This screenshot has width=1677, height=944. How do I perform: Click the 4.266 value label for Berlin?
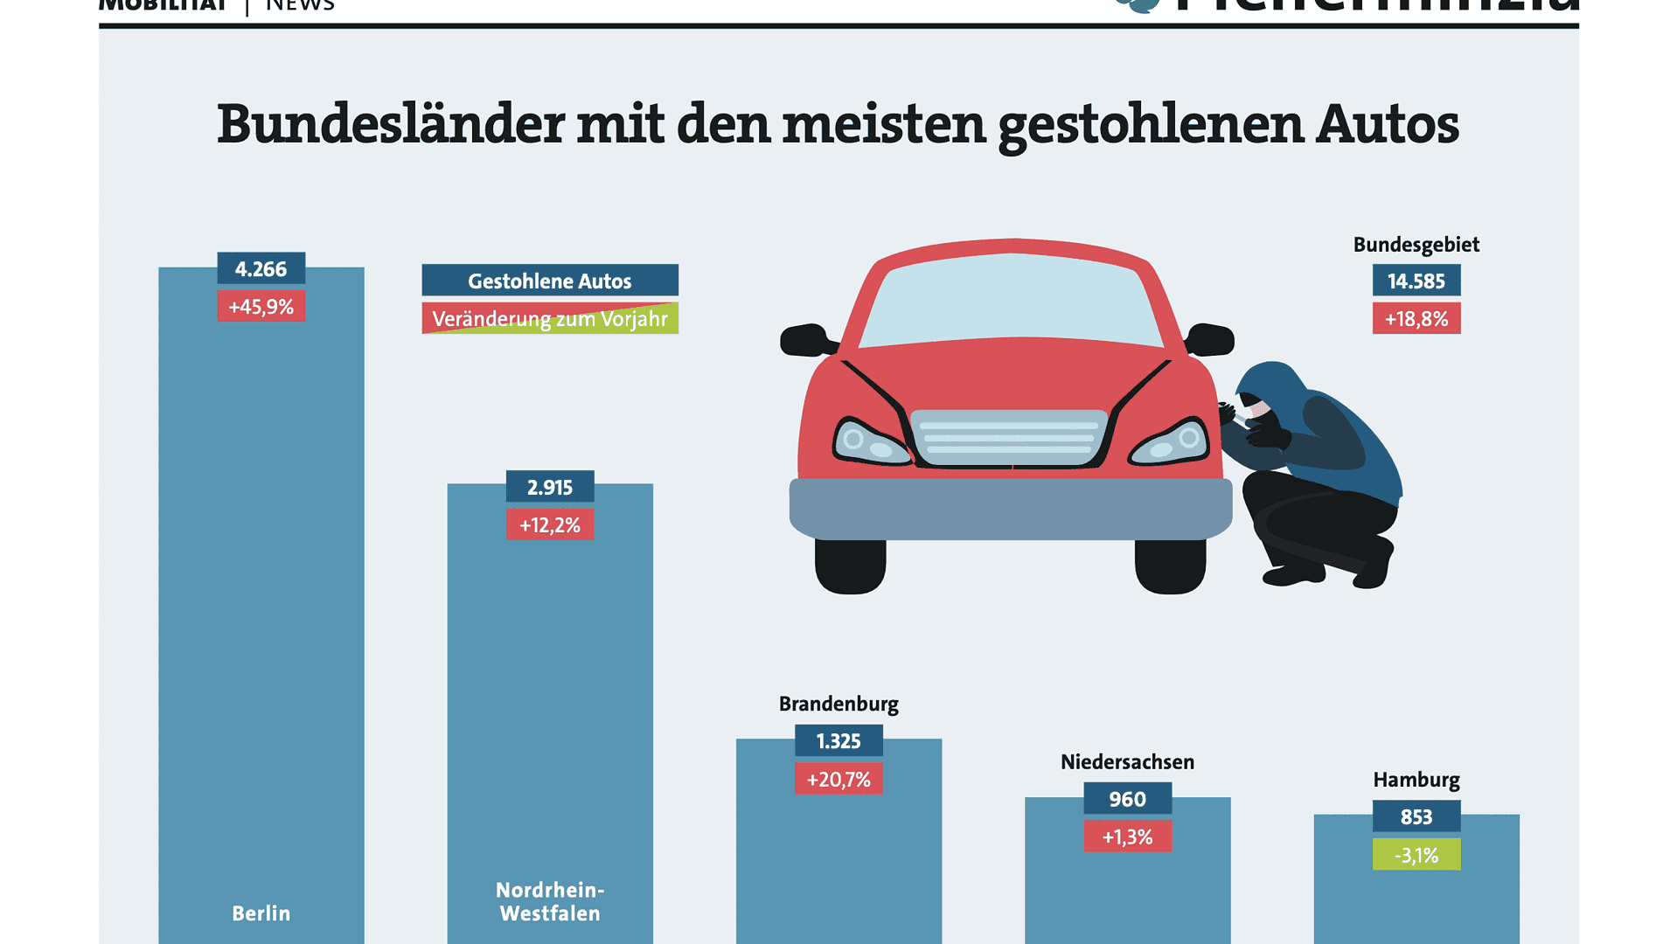[261, 268]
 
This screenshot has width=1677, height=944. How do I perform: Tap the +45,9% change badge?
[261, 307]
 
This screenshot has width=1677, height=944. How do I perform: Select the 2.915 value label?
[549, 487]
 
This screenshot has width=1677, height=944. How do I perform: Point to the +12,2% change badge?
[549, 524]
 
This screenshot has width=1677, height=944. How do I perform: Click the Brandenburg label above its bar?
[838, 704]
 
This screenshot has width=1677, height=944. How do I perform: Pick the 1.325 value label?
[838, 741]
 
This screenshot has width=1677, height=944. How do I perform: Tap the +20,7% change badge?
[838, 779]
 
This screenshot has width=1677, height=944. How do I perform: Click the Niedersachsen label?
[1126, 761]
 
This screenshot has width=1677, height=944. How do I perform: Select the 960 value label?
[1126, 799]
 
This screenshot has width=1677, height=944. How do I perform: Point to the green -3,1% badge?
[1416, 855]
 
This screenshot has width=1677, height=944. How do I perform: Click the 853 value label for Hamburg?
[1416, 816]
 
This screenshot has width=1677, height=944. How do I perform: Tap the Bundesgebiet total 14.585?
[1416, 281]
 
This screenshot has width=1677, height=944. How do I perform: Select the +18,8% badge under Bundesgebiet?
[1416, 318]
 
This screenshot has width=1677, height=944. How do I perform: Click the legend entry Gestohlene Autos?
[549, 281]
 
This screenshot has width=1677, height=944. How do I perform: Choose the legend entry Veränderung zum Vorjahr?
[549, 318]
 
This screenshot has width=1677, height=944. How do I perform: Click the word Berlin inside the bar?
[261, 913]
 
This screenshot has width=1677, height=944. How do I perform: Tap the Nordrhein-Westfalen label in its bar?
[549, 901]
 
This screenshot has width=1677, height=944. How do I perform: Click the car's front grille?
[1009, 437]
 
